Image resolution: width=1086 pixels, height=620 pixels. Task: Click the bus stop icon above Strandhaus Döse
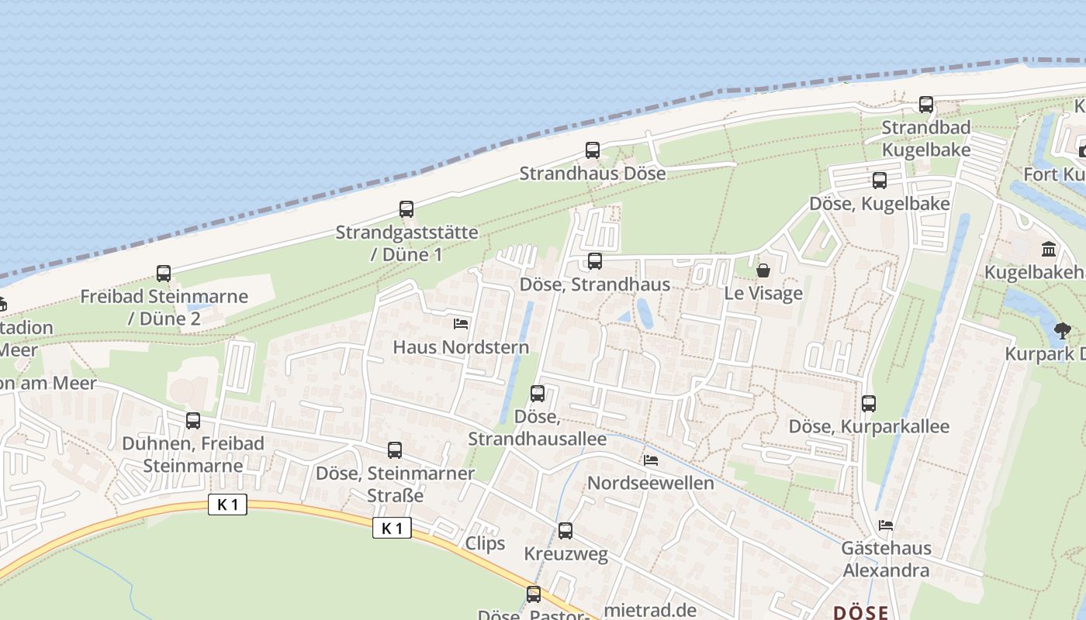pyautogui.click(x=593, y=150)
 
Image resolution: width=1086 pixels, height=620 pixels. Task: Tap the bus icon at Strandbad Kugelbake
pyautogui.click(x=925, y=105)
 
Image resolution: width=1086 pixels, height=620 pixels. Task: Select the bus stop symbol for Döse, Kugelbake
pyautogui.click(x=879, y=181)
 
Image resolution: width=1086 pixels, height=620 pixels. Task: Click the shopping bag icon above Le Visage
pyautogui.click(x=763, y=270)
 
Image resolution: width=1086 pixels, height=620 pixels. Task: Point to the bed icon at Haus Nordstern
pyautogui.click(x=461, y=323)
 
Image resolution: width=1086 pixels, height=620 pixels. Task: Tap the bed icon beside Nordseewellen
pyautogui.click(x=651, y=460)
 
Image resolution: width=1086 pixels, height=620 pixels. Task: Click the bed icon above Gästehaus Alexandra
pyautogui.click(x=885, y=525)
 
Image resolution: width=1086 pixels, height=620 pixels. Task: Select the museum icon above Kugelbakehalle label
pyautogui.click(x=1049, y=249)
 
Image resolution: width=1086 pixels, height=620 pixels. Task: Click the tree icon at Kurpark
pyautogui.click(x=1062, y=331)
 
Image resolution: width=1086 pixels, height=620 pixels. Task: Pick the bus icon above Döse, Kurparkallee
pyautogui.click(x=869, y=404)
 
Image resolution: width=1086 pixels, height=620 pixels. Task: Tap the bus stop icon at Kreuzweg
pyautogui.click(x=565, y=531)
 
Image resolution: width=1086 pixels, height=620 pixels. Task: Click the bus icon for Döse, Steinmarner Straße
pyautogui.click(x=395, y=450)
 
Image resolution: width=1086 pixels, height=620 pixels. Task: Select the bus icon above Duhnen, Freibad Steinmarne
pyautogui.click(x=193, y=421)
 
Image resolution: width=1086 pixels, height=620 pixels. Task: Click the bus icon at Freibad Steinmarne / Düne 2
pyautogui.click(x=164, y=274)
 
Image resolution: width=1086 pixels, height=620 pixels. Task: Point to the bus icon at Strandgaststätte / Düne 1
pyautogui.click(x=406, y=209)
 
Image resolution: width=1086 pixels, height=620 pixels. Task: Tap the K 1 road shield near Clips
pyautogui.click(x=392, y=529)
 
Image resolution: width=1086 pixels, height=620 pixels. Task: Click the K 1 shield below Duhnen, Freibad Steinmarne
pyautogui.click(x=227, y=505)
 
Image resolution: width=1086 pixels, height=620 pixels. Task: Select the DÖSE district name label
pyautogui.click(x=861, y=612)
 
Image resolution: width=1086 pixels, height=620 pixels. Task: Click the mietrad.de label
pyautogui.click(x=649, y=610)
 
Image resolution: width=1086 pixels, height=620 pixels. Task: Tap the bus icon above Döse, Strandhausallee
pyautogui.click(x=538, y=394)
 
